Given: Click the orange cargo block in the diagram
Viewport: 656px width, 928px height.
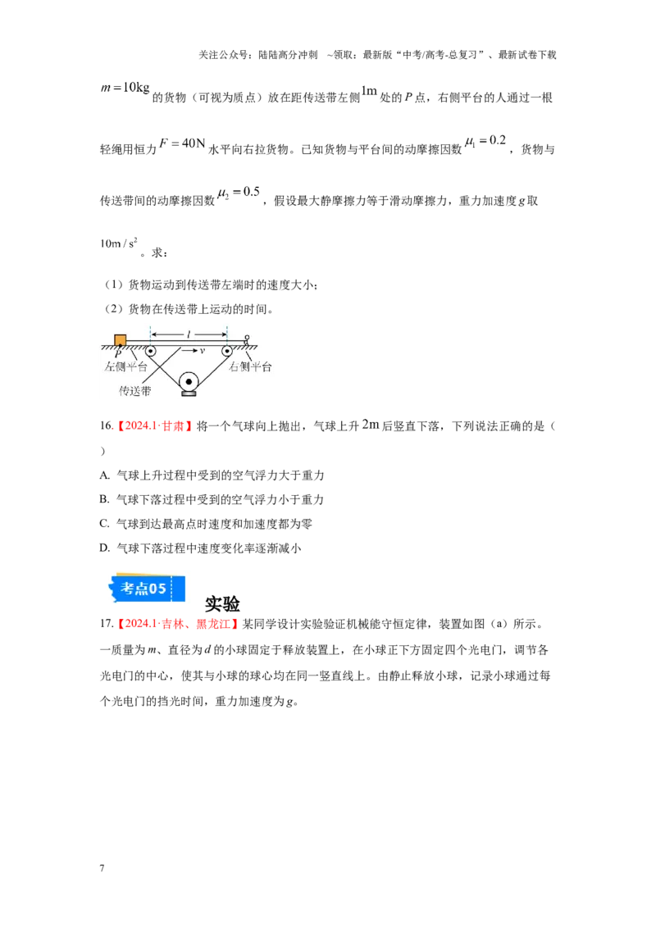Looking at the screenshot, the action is click(x=121, y=339).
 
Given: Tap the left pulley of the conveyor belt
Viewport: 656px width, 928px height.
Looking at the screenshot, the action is click(x=150, y=352).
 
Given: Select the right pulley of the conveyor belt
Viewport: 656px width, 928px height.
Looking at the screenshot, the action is click(x=227, y=352).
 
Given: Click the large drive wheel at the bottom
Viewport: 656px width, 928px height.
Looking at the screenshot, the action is click(x=189, y=382).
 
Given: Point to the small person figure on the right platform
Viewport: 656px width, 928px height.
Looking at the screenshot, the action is click(x=246, y=339).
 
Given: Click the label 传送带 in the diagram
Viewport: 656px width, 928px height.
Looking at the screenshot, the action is click(x=135, y=391).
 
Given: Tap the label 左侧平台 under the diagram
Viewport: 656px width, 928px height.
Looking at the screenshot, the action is click(x=125, y=367).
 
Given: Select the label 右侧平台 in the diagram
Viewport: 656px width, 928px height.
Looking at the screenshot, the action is click(x=250, y=367).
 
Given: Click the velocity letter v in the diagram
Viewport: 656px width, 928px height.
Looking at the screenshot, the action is click(x=202, y=351).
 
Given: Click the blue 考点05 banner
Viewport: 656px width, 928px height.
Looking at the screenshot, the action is click(x=146, y=589).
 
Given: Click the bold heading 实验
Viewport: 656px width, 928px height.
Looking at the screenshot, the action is click(x=222, y=603).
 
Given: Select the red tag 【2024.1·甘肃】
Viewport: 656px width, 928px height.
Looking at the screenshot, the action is click(x=154, y=426).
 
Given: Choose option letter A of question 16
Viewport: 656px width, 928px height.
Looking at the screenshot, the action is click(x=104, y=475).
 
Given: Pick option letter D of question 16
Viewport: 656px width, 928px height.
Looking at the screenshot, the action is click(x=104, y=548).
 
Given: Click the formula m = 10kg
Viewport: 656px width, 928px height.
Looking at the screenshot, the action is click(x=125, y=89).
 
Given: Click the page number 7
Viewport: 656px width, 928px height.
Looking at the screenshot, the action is click(x=102, y=868).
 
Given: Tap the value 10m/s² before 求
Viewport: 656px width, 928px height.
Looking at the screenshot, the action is click(x=119, y=243).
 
